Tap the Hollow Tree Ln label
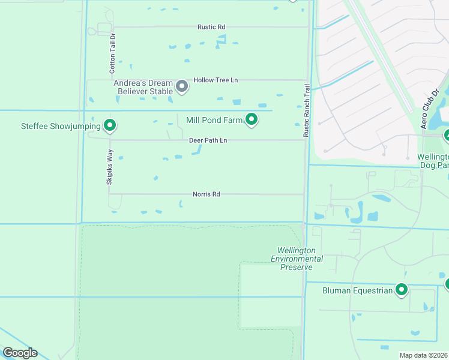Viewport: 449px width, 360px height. coord(215,80)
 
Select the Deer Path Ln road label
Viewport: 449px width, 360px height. coord(208,140)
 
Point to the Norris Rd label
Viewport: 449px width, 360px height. coord(206,194)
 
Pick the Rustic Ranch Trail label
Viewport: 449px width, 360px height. coord(307,110)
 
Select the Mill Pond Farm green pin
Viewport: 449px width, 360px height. coord(252,120)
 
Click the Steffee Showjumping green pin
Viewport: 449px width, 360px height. coord(110,125)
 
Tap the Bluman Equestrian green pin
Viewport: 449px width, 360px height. coord(402,290)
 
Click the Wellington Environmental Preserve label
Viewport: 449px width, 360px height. coord(297,259)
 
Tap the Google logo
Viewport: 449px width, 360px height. coord(20,353)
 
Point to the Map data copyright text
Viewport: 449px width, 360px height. coord(423,355)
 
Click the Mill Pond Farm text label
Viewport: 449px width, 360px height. coord(214,120)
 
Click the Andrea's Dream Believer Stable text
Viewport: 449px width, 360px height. coord(143,87)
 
